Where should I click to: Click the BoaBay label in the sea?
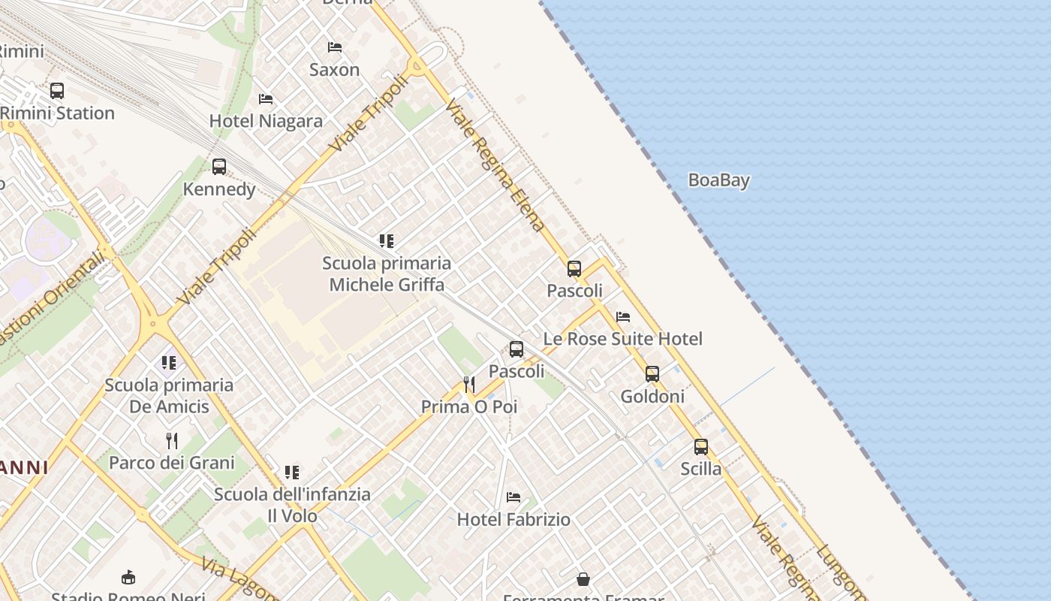718,180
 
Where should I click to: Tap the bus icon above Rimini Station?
57,91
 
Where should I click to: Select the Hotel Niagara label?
266,121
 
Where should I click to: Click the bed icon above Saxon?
335,47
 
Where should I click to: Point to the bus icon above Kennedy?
219,167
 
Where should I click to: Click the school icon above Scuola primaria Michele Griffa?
387,241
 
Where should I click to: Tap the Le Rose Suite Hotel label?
622,339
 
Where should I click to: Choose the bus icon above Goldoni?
652,374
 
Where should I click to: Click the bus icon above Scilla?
701,447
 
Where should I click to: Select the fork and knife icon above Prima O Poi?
469,385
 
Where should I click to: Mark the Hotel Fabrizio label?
513,519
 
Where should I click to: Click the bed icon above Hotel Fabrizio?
513,497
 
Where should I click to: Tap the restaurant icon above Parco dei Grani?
172,440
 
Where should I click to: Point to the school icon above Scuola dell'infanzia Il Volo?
292,473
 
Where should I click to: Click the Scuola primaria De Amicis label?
169,396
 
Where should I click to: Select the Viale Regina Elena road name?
495,165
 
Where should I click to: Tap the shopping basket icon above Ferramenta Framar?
583,579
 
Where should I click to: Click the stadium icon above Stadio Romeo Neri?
128,577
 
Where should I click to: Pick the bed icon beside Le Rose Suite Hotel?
623,317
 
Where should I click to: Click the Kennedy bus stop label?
219,189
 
